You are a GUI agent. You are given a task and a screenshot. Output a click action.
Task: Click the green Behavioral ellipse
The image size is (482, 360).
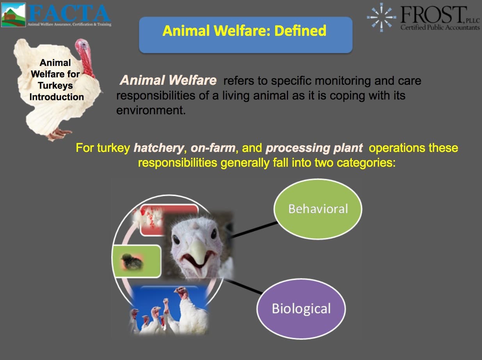point(318,209)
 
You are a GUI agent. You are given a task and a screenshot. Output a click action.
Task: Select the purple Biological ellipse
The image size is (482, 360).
point(301,308)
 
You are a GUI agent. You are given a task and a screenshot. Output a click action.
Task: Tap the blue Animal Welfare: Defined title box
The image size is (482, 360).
point(246,35)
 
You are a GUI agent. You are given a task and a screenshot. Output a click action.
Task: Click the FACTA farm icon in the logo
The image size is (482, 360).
point(13,15)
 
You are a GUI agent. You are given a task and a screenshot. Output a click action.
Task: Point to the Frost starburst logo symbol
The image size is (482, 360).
point(381,17)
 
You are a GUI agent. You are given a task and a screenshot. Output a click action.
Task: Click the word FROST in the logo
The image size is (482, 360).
point(433,14)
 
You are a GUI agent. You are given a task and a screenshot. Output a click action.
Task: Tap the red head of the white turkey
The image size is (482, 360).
point(85,57)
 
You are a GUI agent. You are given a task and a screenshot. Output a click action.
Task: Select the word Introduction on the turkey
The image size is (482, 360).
point(57,97)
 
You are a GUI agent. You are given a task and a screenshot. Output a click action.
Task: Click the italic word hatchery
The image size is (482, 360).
point(158,148)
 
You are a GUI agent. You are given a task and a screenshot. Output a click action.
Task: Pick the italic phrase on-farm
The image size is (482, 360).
point(213,148)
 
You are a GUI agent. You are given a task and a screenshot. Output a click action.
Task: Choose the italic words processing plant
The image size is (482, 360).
point(314,148)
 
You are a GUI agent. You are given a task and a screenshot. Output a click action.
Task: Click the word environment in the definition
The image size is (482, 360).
point(151,110)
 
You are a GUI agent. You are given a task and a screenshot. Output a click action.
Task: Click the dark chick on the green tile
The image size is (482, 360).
point(132,261)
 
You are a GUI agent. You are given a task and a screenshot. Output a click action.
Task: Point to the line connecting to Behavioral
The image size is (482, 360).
point(254,230)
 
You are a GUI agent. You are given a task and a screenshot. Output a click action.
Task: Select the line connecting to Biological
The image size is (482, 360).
point(243,287)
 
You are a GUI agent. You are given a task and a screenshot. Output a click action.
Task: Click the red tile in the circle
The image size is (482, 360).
point(169,220)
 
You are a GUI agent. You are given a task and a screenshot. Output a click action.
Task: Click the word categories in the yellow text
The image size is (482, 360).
point(366,163)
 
